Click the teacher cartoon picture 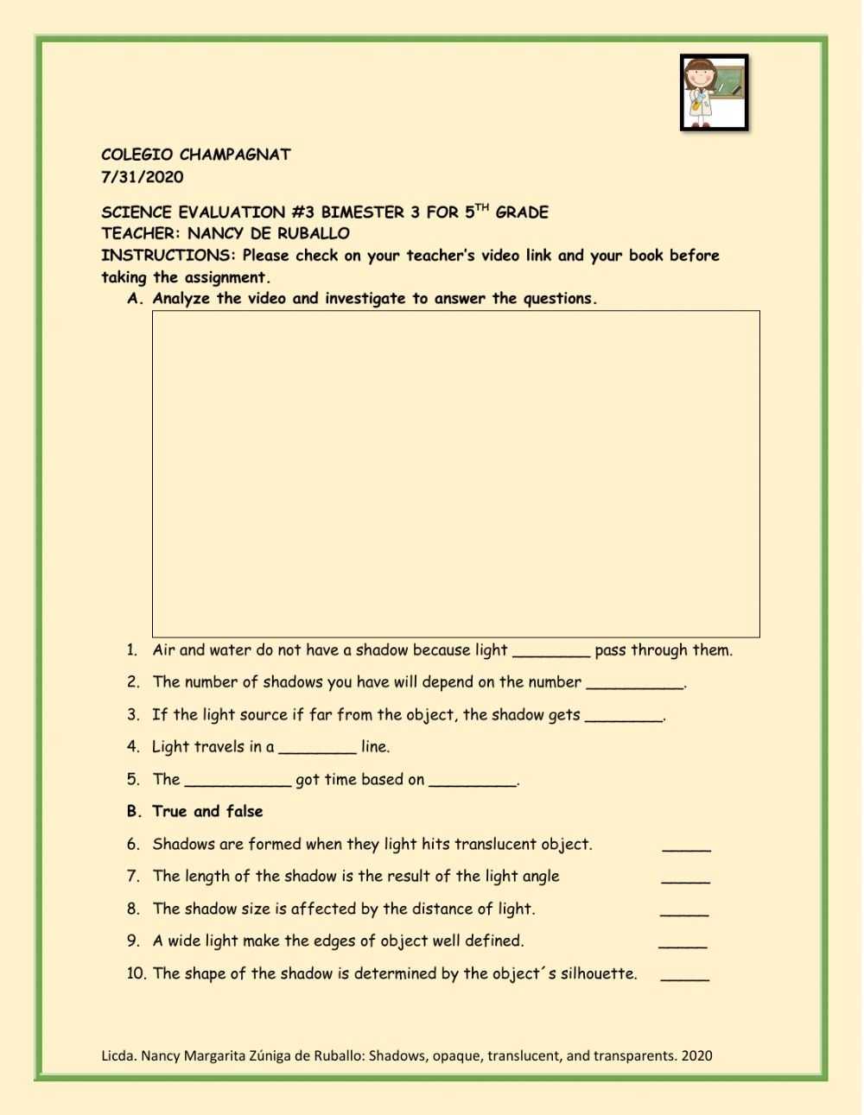pyautogui.click(x=714, y=92)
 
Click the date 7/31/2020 pyautogui.click(x=143, y=177)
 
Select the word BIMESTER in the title pyautogui.click(x=362, y=212)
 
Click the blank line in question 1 pyautogui.click(x=551, y=654)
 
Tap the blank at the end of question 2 pyautogui.click(x=635, y=686)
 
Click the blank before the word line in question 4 pyautogui.click(x=317, y=751)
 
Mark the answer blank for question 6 pyautogui.click(x=687, y=847)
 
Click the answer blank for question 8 pyautogui.click(x=684, y=912)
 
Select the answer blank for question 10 pyautogui.click(x=685, y=977)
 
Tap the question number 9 pyautogui.click(x=133, y=941)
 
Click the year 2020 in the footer pyautogui.click(x=696, y=1055)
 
